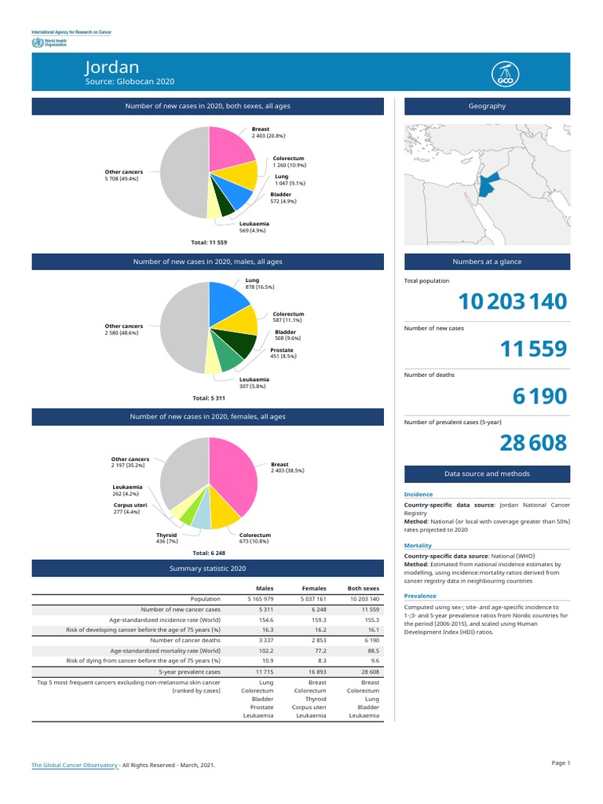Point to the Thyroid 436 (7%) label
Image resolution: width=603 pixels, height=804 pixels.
[x=166, y=538]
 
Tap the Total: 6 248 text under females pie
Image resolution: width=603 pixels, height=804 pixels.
[x=208, y=553]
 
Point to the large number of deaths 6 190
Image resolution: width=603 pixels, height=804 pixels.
[x=539, y=397]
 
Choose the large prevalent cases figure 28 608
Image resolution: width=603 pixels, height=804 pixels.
[x=532, y=444]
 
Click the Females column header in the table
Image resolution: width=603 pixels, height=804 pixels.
[x=314, y=588]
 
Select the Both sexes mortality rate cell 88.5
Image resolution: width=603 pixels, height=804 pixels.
[x=373, y=651]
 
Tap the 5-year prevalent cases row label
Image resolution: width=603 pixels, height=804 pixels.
[x=189, y=672]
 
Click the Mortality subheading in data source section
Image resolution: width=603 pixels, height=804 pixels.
[x=418, y=545]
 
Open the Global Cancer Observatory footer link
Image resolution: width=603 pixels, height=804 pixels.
[x=75, y=764]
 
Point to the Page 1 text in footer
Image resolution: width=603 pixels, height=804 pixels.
[x=561, y=762]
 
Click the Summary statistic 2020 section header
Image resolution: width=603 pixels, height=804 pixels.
[x=208, y=568]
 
